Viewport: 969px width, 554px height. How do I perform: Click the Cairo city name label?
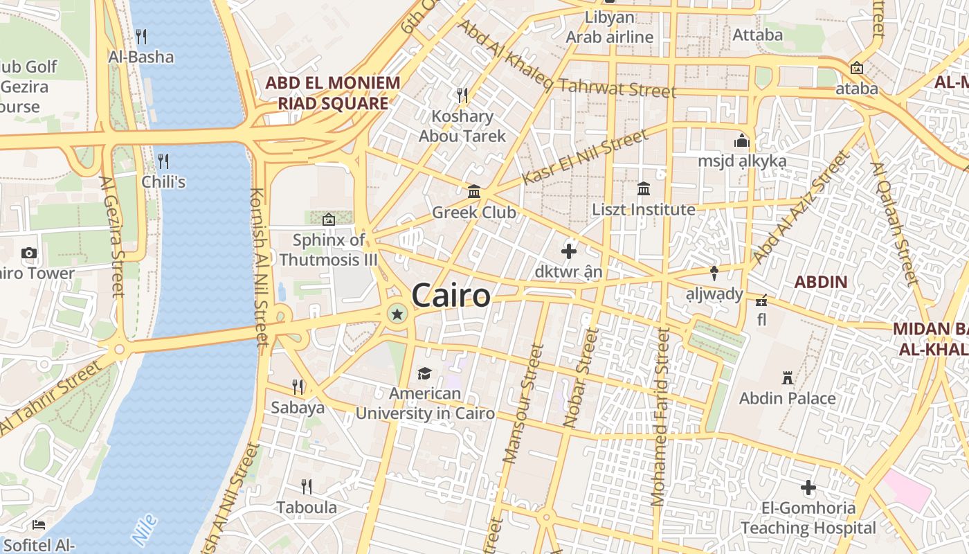[451, 296]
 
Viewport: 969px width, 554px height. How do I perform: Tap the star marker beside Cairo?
[397, 314]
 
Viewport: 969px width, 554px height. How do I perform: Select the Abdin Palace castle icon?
[787, 378]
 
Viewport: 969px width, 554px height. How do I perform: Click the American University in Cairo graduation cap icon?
[424, 373]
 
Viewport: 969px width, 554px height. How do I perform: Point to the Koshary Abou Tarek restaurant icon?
[462, 95]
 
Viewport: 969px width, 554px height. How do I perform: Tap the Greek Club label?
[474, 212]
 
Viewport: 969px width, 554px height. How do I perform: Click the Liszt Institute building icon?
[644, 188]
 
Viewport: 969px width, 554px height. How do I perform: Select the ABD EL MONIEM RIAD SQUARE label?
[333, 93]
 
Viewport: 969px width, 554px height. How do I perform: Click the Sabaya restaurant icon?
[298, 386]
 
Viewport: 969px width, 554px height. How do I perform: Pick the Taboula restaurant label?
[307, 508]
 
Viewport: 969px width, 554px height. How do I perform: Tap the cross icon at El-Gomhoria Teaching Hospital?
[808, 488]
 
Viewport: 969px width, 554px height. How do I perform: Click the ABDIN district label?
[821, 282]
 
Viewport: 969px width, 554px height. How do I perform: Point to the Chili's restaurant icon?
[163, 161]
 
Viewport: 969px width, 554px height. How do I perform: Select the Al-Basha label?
[141, 57]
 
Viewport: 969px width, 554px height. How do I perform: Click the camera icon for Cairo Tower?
[29, 253]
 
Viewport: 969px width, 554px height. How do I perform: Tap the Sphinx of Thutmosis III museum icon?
[329, 220]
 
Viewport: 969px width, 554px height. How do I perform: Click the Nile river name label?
[144, 528]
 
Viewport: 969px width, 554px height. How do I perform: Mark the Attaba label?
[758, 35]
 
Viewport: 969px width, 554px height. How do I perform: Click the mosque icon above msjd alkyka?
[742, 141]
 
